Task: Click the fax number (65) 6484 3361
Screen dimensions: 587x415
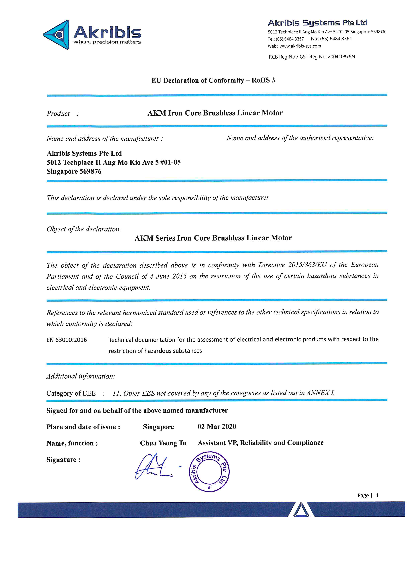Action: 336,39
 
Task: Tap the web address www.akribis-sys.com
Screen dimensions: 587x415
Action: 300,46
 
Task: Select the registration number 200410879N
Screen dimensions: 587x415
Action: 341,57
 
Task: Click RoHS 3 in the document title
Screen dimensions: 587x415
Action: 263,80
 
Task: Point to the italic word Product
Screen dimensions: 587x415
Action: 58,113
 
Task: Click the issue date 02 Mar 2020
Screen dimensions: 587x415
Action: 217,427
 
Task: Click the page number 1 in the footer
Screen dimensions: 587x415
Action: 377,495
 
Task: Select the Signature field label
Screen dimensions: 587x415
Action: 63,460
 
